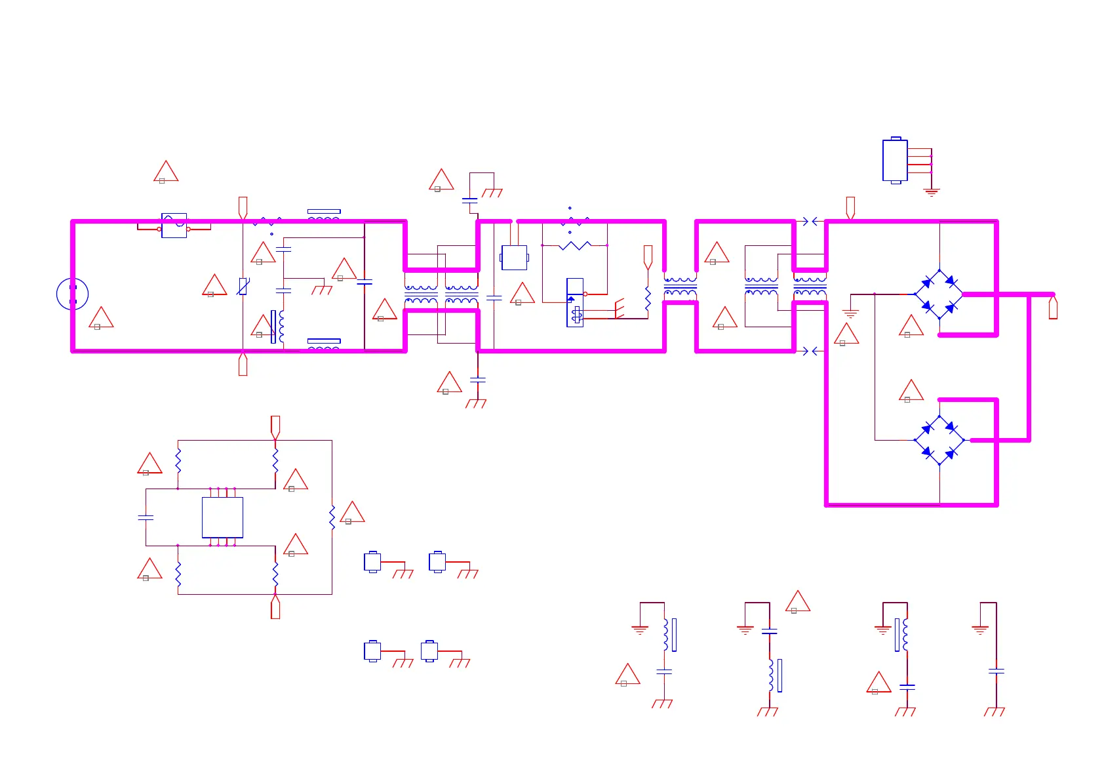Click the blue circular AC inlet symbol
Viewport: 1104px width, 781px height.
(72, 294)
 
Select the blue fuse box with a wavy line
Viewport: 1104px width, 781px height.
(174, 226)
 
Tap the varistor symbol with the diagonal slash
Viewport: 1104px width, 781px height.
(243, 287)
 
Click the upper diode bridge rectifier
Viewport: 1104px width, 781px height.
(939, 294)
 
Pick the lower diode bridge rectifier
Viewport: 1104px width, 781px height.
(939, 440)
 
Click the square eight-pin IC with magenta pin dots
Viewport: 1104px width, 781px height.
(222, 517)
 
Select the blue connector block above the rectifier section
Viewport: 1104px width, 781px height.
(895, 160)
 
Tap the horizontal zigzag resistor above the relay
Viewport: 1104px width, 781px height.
(574, 245)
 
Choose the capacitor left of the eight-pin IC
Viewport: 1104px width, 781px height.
(146, 517)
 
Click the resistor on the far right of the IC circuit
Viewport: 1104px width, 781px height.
(332, 517)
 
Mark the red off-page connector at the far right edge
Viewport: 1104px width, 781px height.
(1053, 308)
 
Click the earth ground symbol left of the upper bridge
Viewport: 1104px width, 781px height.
(850, 313)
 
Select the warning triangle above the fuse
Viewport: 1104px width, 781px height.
(166, 172)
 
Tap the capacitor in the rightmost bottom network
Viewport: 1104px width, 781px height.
(996, 671)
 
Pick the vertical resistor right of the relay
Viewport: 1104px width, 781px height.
(648, 299)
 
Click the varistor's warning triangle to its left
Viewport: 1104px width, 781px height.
(214, 286)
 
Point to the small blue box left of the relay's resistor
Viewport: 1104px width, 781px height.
(514, 257)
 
